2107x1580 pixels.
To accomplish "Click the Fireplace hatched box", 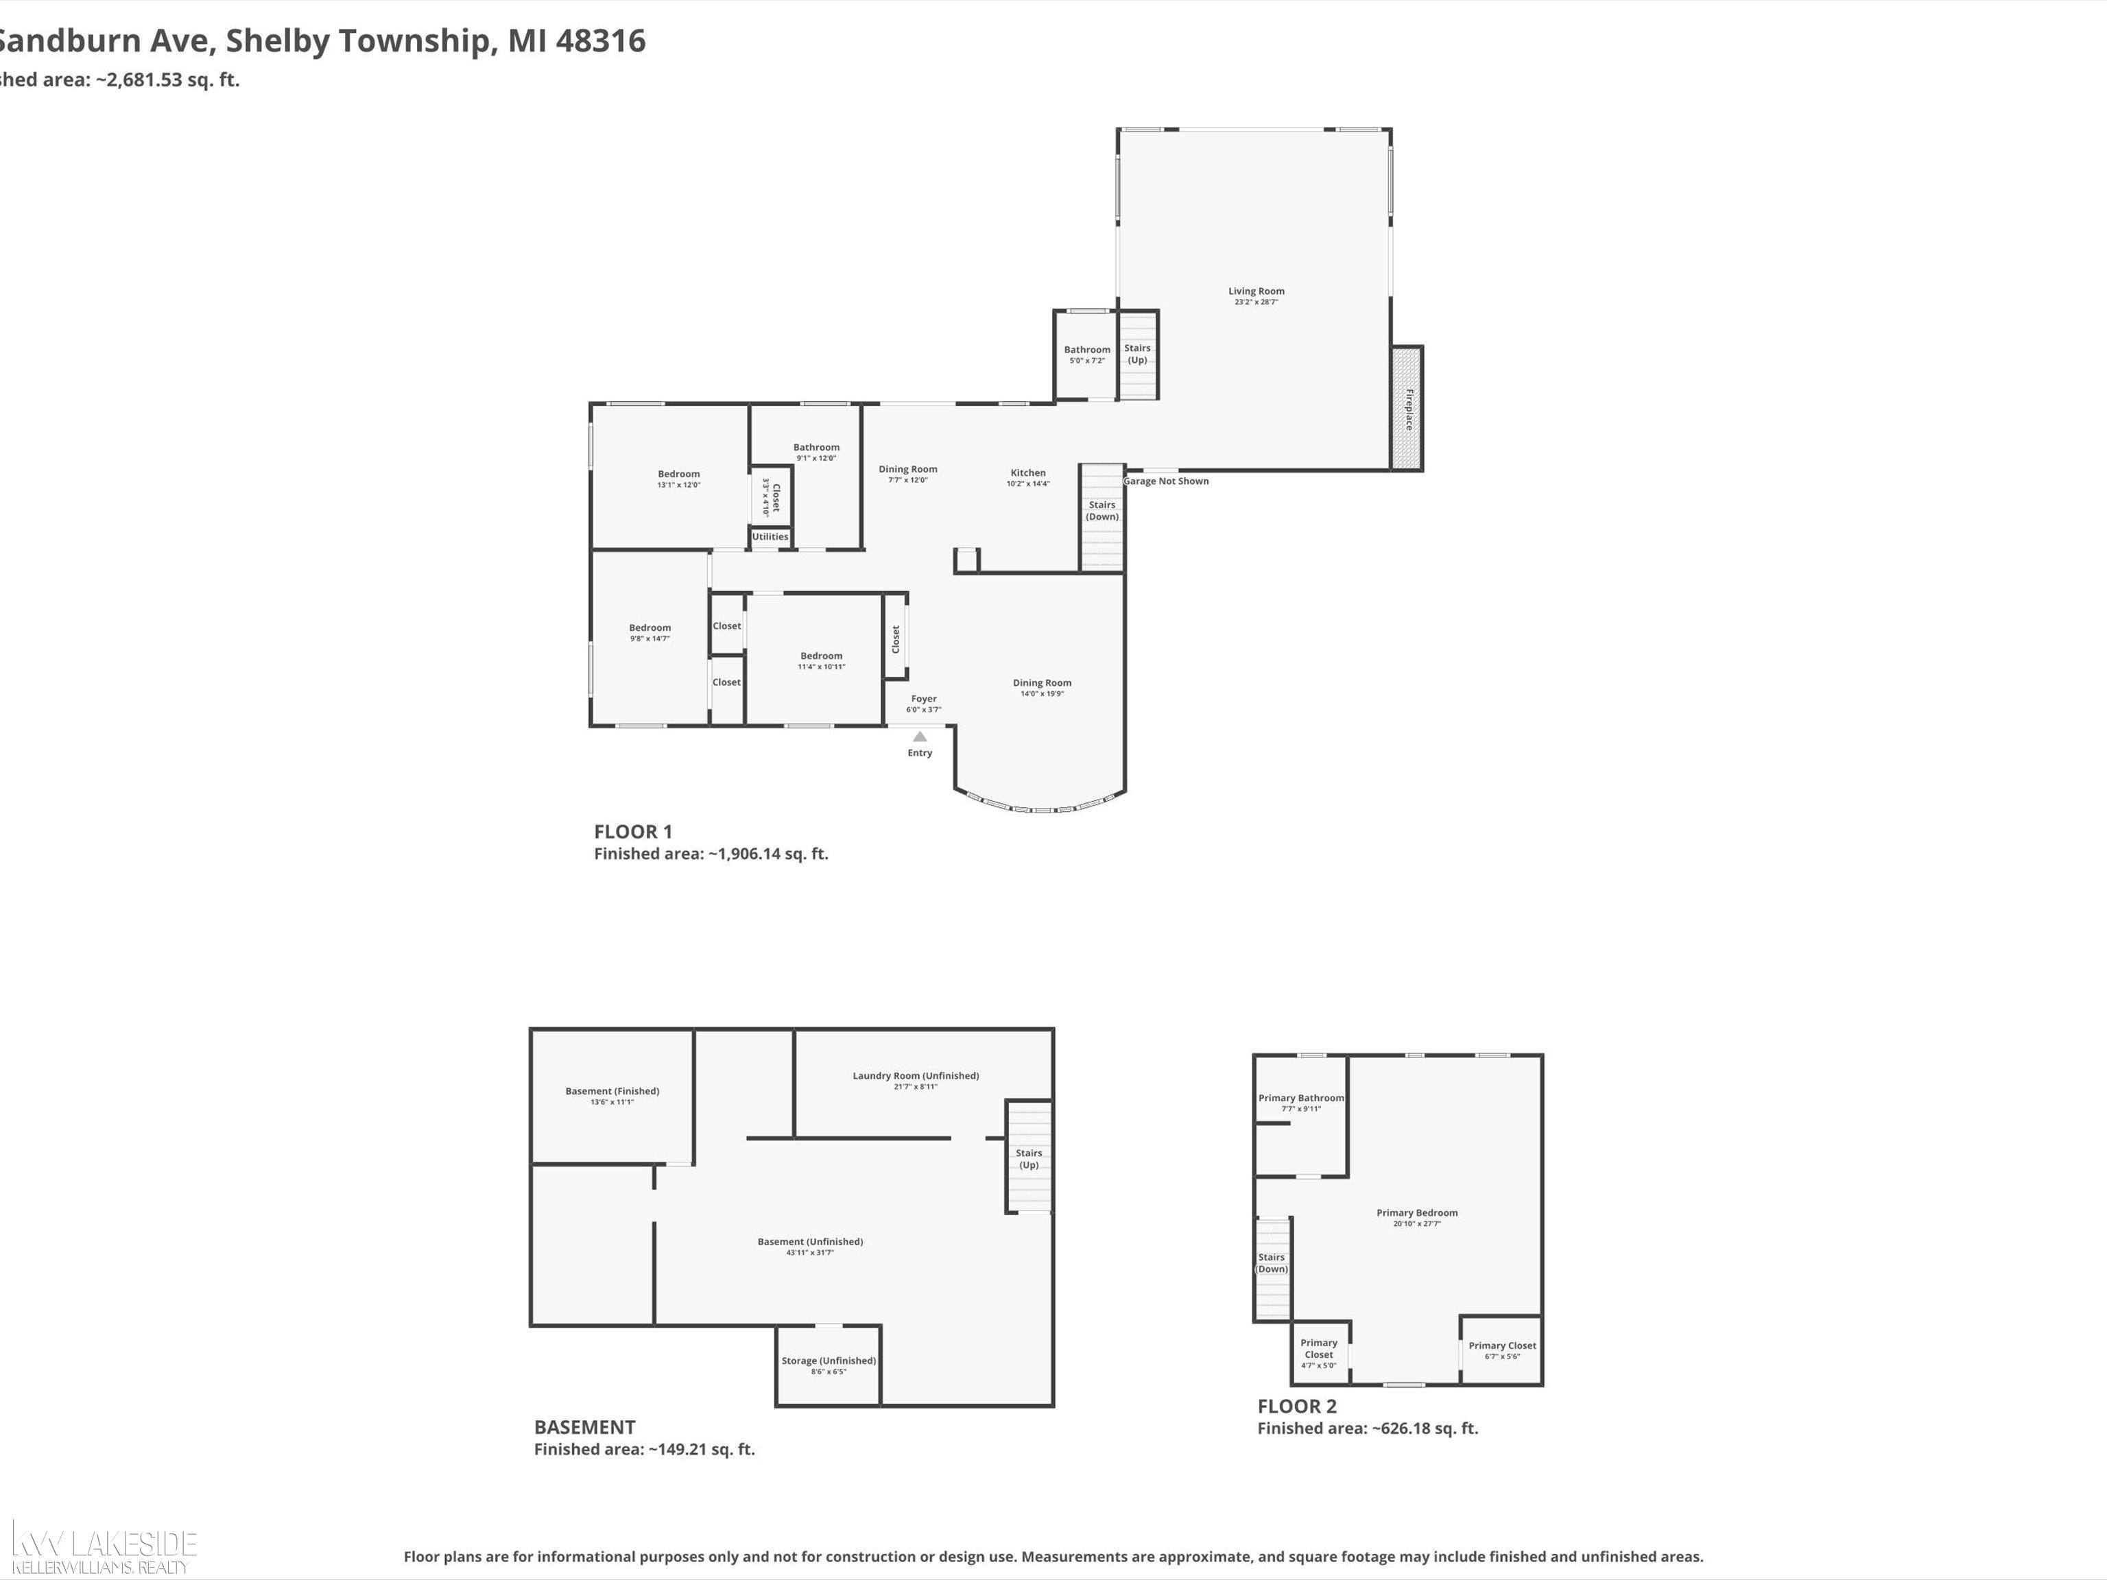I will click(x=1407, y=407).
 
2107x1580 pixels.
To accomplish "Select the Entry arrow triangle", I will click(x=919, y=737).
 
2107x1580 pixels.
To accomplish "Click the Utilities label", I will click(x=770, y=537).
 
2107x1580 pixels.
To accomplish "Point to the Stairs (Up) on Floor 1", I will click(x=1137, y=355).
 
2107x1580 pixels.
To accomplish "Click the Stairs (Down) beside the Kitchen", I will click(x=1102, y=512).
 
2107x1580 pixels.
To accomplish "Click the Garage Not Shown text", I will click(x=1166, y=481).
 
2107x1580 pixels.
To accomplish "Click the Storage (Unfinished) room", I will click(x=828, y=1365).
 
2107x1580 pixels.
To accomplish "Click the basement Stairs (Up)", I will click(x=1029, y=1158).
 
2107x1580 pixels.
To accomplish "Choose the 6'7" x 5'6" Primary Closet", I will click(x=1501, y=1350).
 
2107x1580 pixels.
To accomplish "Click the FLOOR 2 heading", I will click(x=1296, y=1406).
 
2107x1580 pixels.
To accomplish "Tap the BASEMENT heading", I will click(x=584, y=1426).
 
